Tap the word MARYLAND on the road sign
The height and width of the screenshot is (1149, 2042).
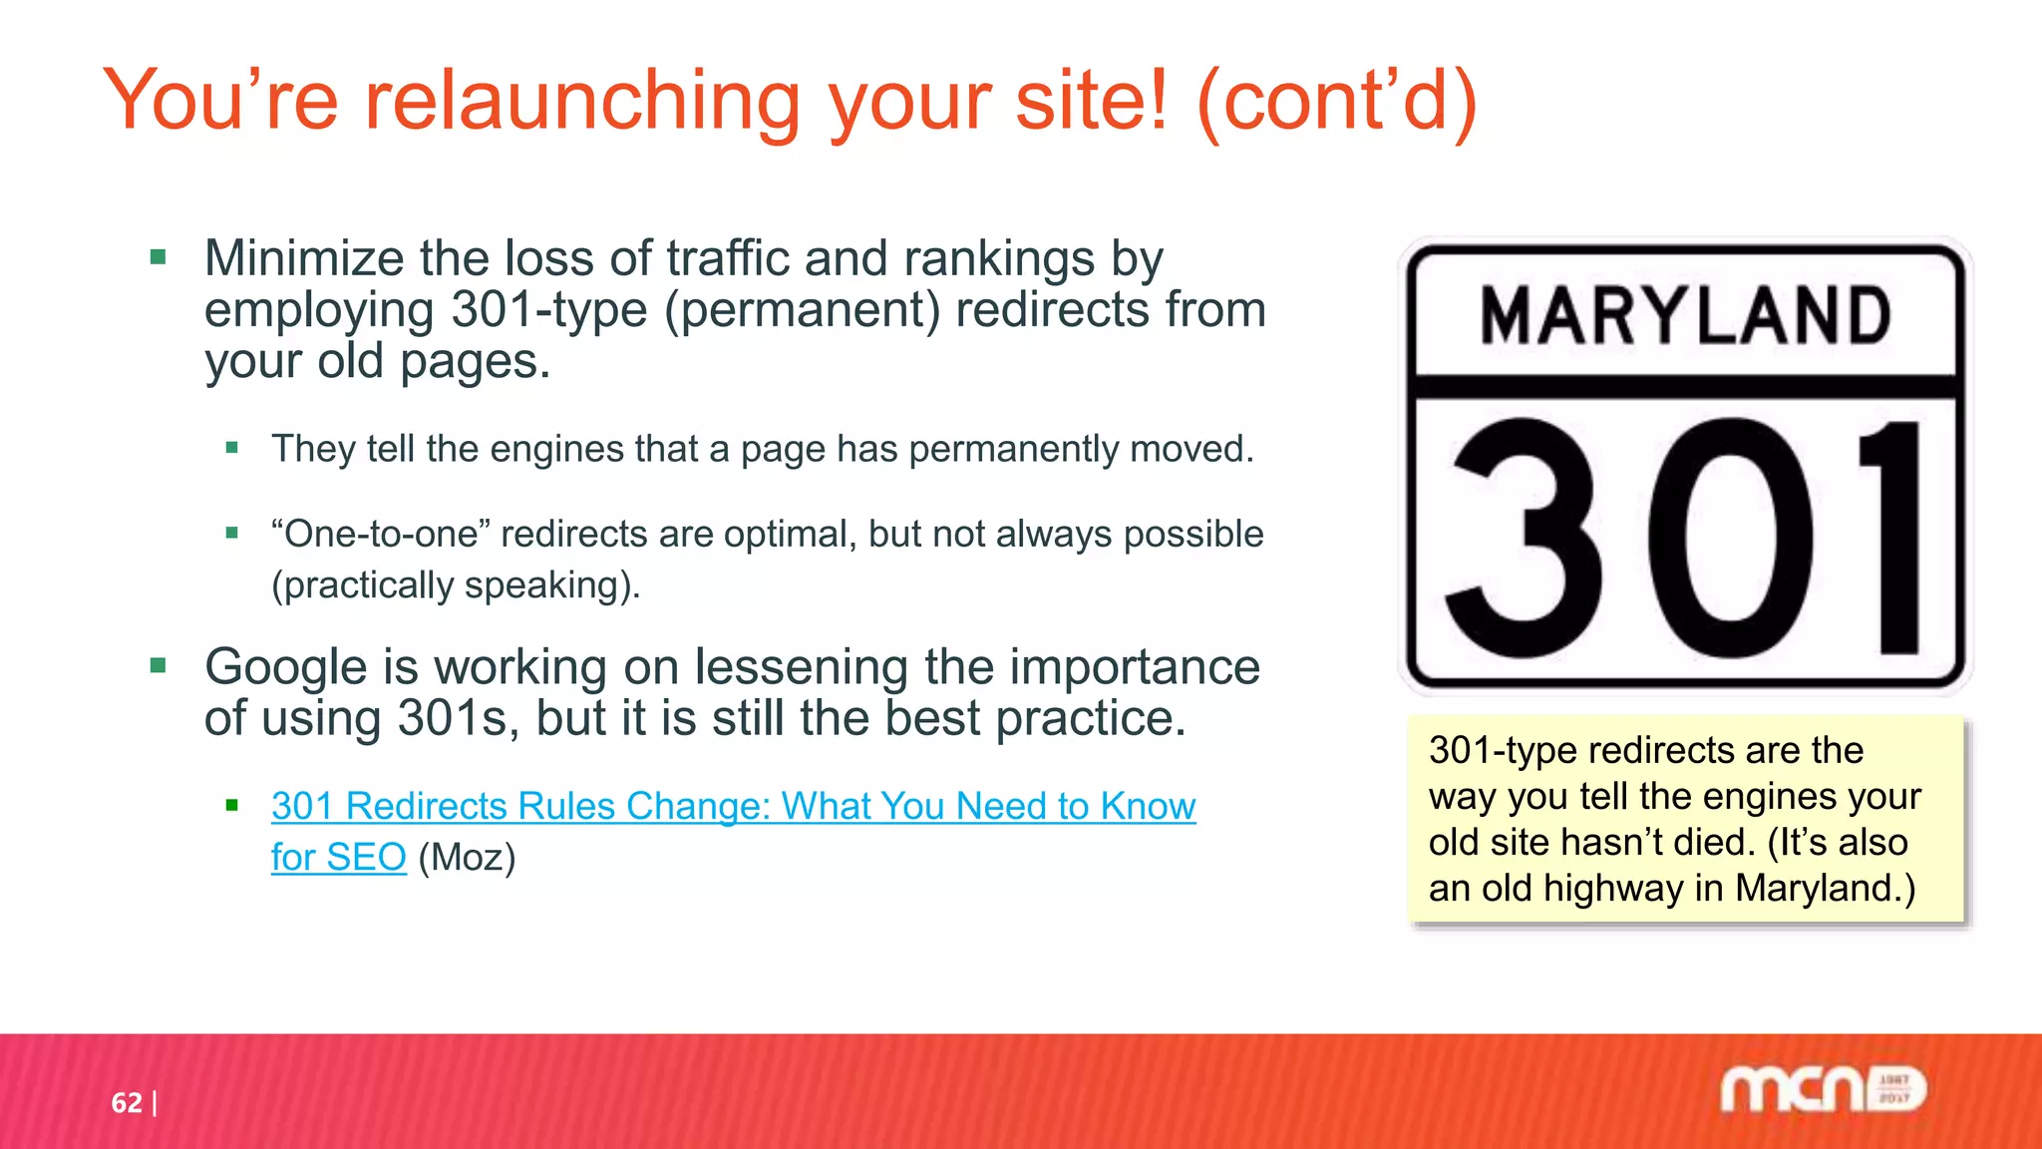[x=1685, y=316]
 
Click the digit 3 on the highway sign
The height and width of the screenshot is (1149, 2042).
[x=1524, y=539]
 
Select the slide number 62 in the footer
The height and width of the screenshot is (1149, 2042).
[x=126, y=1102]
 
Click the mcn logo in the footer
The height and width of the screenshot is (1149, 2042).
[x=1823, y=1089]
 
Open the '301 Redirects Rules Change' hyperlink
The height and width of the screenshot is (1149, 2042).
[x=733, y=806]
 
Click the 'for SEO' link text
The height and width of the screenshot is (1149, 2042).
[x=338, y=858]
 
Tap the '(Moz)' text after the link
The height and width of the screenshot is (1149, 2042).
[x=467, y=858]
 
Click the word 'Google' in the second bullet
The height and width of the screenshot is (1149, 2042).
[x=285, y=667]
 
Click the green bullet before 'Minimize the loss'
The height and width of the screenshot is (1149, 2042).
[x=158, y=258]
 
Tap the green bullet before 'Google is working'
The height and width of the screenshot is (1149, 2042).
[x=158, y=666]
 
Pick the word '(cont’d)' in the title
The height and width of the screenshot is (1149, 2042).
[x=1336, y=102]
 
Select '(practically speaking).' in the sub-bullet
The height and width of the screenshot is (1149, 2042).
[x=456, y=585]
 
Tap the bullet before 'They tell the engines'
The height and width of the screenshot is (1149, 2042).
[x=232, y=449]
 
